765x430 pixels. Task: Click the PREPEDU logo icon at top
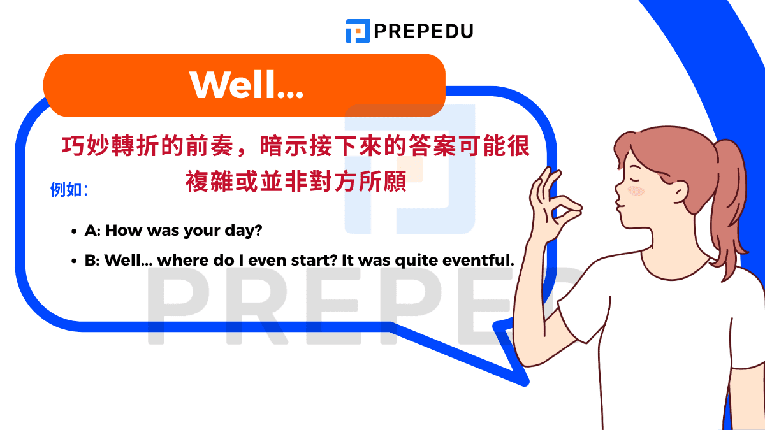pyautogui.click(x=358, y=31)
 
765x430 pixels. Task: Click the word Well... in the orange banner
pyautogui.click(x=246, y=84)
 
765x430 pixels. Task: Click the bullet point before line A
pyautogui.click(x=74, y=231)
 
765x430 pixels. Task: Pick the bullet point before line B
pyautogui.click(x=74, y=261)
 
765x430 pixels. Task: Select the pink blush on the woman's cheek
pyautogui.click(x=636, y=190)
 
